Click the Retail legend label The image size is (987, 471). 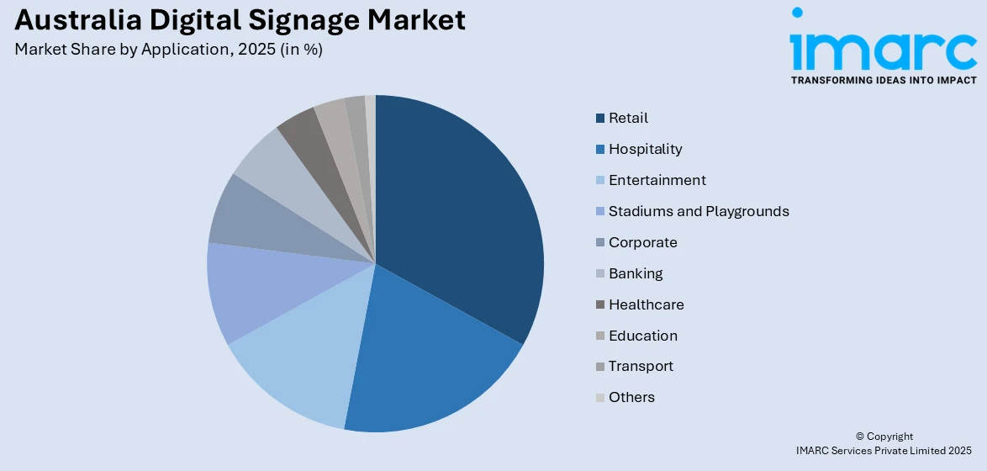tap(628, 118)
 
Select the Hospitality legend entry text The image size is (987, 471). tap(645, 149)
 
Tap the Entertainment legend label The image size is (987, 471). tap(657, 180)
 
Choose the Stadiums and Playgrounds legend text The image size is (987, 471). tap(699, 211)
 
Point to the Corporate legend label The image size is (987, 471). tap(642, 242)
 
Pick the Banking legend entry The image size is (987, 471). tap(636, 273)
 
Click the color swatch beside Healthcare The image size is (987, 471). tap(599, 304)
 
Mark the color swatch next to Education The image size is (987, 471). tap(599, 336)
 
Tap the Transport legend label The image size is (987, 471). tap(641, 366)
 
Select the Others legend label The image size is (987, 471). tap(631, 397)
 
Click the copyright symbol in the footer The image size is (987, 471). tap(860, 437)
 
